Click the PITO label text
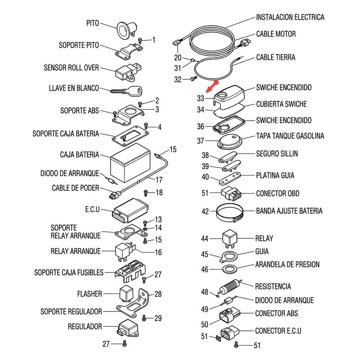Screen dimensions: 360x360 (93, 23)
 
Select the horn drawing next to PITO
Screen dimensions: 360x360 (127, 30)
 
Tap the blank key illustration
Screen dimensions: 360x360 (126, 91)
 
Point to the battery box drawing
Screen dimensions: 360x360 (130, 163)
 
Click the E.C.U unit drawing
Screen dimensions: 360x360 (130, 211)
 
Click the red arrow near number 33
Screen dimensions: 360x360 (212, 86)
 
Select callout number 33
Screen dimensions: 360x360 (200, 99)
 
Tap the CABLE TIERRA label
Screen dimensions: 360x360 (275, 58)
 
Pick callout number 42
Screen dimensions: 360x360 (205, 211)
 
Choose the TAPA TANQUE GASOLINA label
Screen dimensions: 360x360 (290, 136)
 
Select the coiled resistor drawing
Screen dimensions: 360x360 (229, 287)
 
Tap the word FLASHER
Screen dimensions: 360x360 (90, 294)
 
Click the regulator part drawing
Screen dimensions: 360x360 (128, 328)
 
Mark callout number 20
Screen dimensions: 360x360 (178, 58)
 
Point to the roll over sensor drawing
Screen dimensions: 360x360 (128, 72)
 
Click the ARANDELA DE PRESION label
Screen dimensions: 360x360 (287, 265)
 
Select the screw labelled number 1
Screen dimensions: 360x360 (140, 40)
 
